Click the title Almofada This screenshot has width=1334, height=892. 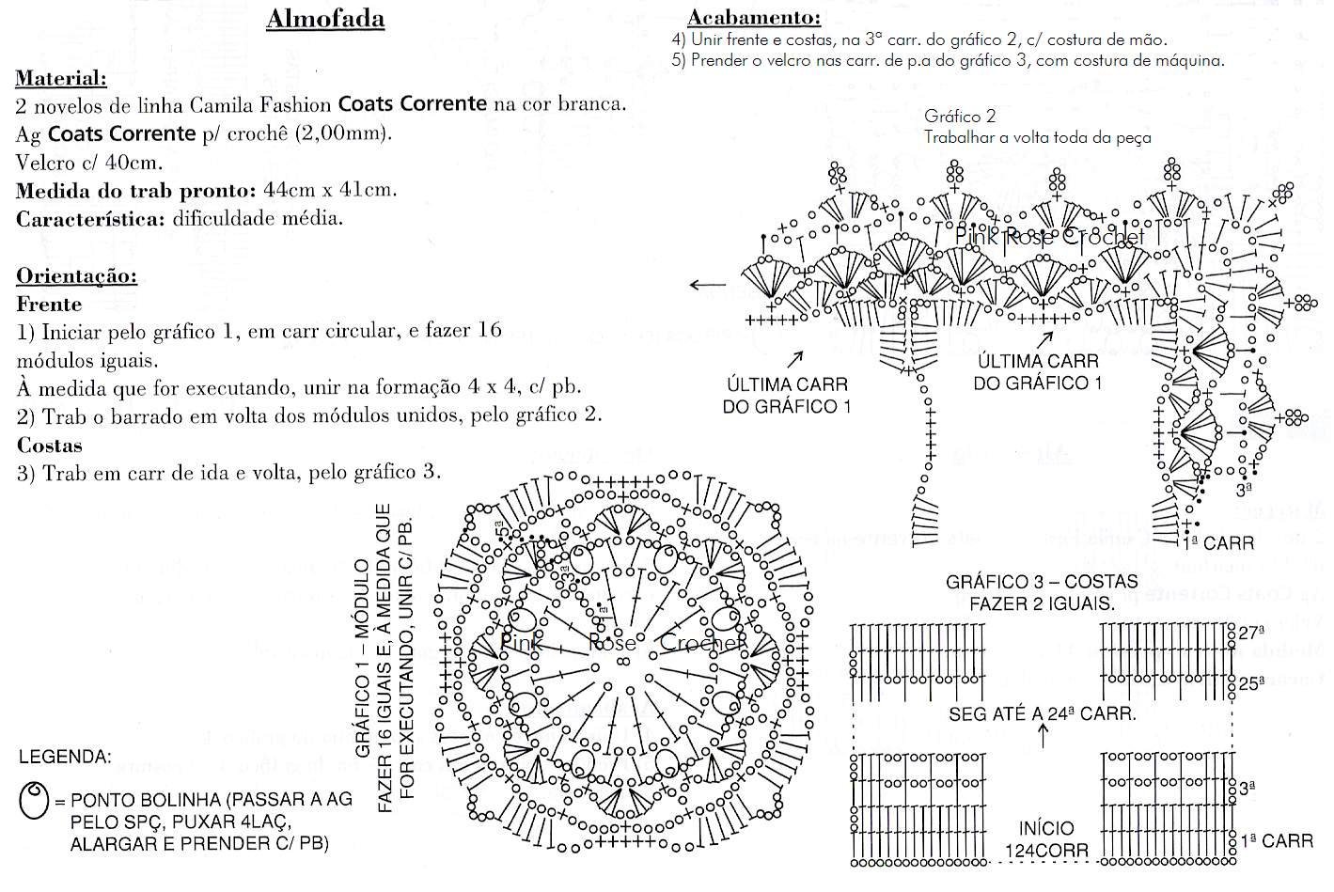point(325,19)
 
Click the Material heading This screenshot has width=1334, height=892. point(61,79)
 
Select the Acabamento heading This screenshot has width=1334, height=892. point(754,17)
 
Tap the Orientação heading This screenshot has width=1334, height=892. point(77,276)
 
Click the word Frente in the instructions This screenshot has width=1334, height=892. point(49,305)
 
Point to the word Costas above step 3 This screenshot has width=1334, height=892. point(49,446)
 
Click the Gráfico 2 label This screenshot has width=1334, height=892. point(959,117)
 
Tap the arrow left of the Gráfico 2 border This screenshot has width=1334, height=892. point(707,286)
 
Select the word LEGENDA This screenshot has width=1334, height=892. point(65,757)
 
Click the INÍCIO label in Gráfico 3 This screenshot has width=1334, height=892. point(1046,828)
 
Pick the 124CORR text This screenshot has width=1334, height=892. point(1046,851)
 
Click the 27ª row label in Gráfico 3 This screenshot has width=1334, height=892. point(1251,634)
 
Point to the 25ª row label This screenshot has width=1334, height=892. point(1251,683)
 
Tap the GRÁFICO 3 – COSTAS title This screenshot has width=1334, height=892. point(1042,582)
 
